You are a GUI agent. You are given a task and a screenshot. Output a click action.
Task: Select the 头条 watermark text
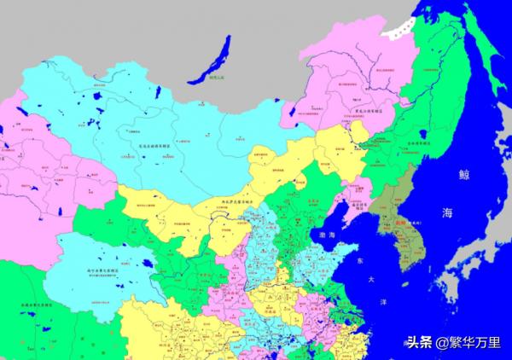coord(418,343)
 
